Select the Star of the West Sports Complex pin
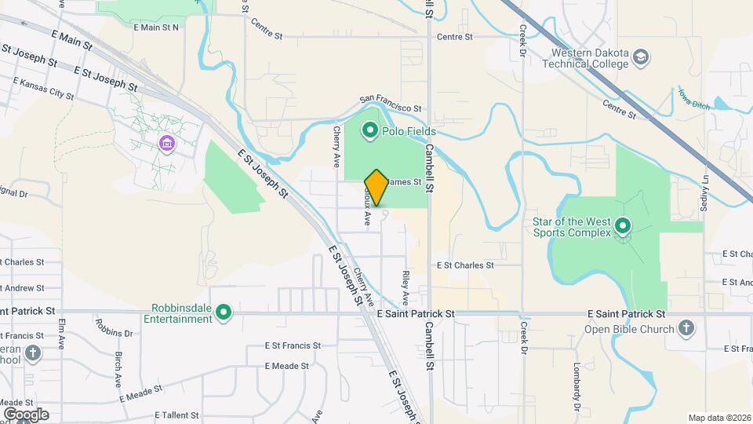[623, 227]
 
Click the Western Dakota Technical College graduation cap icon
[642, 57]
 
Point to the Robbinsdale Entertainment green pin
[224, 313]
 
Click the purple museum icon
[166, 144]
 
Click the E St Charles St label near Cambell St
[464, 265]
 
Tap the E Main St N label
[156, 27]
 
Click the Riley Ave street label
[406, 288]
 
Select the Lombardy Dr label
[577, 386]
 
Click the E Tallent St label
[176, 415]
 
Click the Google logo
[26, 414]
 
